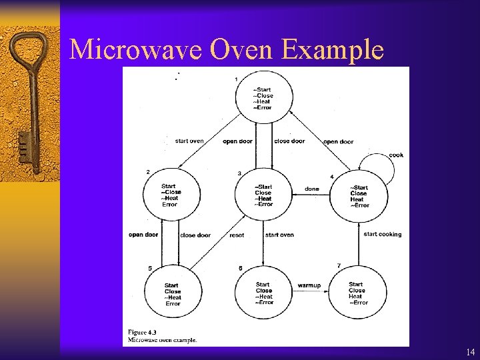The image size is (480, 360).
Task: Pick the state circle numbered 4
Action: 359,196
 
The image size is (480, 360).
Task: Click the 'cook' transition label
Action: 396,155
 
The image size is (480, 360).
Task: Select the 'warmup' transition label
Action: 309,285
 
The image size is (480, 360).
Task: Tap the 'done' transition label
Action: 311,189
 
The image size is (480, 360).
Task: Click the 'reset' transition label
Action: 237,235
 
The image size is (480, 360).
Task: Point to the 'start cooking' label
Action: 383,234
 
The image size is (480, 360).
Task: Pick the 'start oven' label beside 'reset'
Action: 279,235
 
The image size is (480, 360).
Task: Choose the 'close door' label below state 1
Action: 289,141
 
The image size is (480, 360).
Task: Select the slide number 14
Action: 471,351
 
